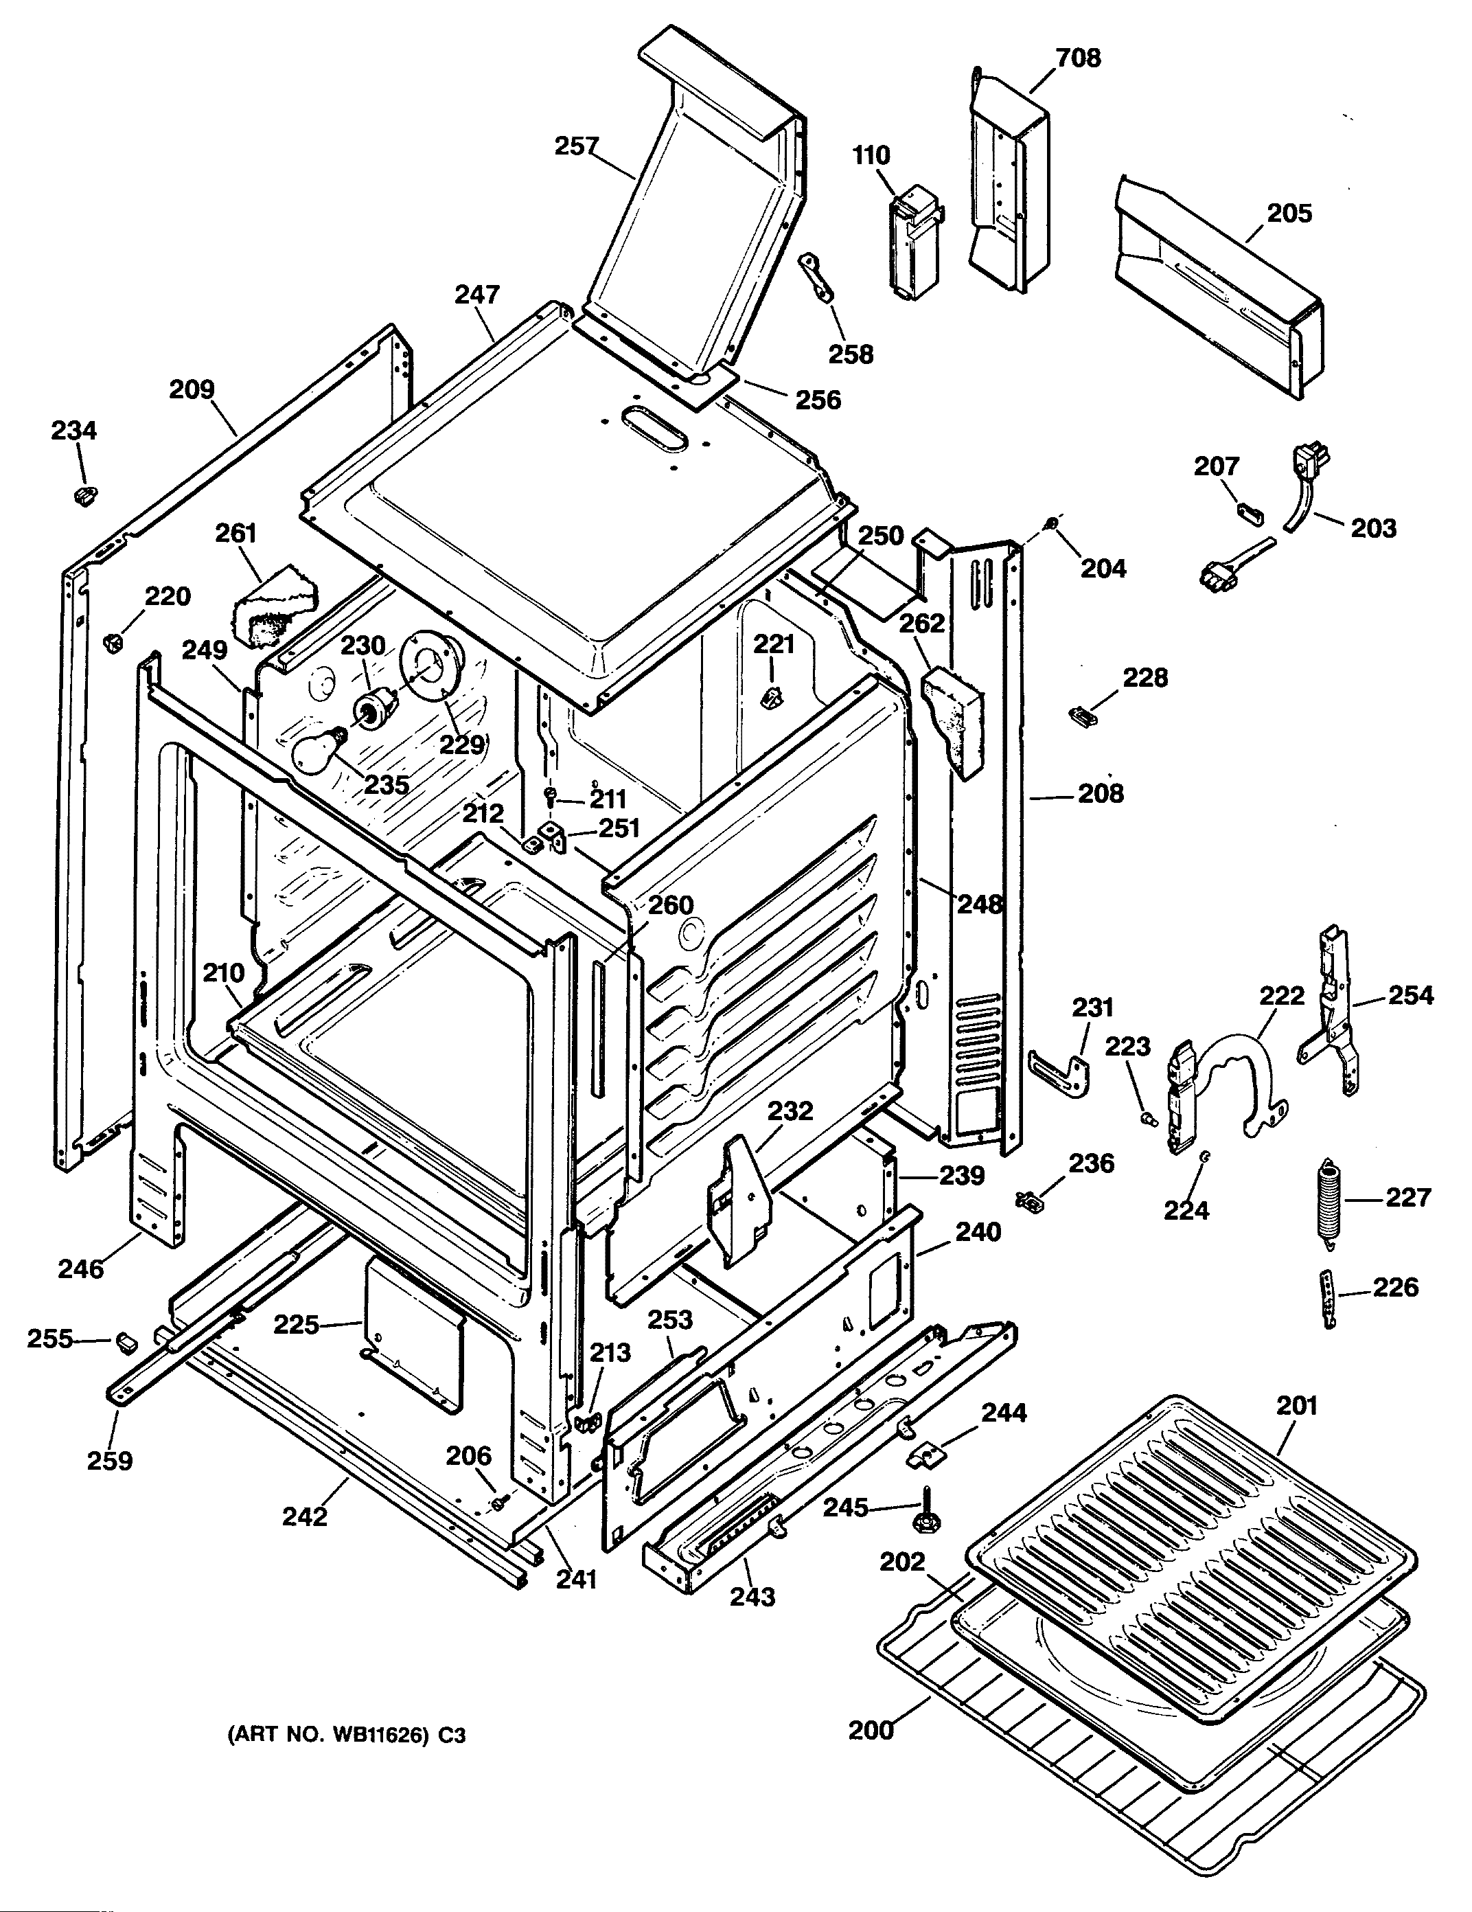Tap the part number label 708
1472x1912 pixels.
coord(1077,58)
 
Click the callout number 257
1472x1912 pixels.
coord(576,146)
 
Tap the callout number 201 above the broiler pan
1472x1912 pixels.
coord(1296,1405)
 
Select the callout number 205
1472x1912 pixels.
coord(1289,213)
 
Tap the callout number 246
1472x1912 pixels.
coord(80,1268)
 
